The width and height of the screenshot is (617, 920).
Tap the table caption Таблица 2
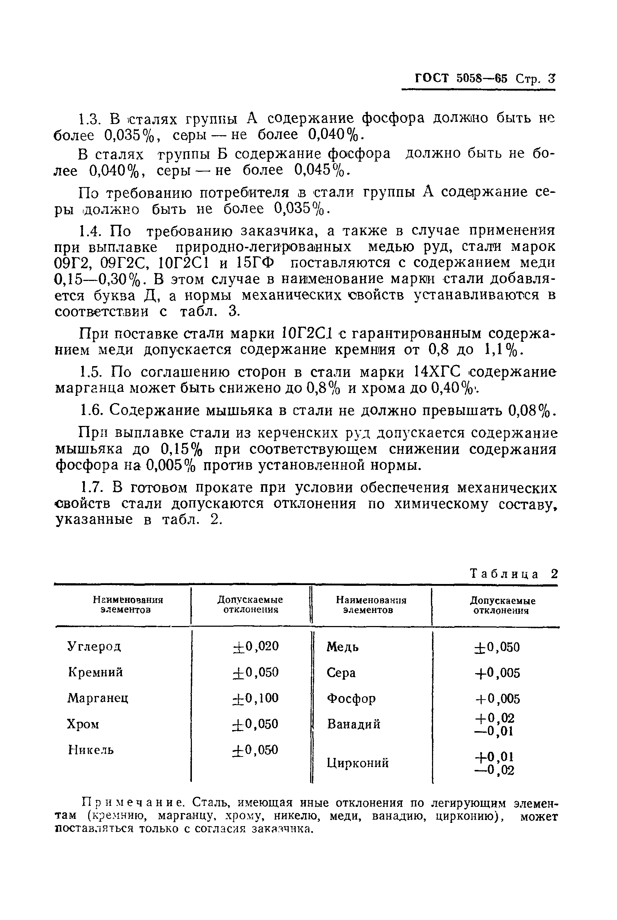click(x=514, y=574)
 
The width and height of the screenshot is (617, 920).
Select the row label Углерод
click(x=94, y=646)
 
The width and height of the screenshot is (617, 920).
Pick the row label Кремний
click(x=95, y=672)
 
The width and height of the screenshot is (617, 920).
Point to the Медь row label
click(x=342, y=647)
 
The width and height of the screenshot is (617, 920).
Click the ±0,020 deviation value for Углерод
click(x=255, y=646)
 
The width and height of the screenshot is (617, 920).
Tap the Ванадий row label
click(x=353, y=724)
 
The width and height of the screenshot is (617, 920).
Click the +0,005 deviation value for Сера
click(x=497, y=673)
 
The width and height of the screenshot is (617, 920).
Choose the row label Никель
click(x=91, y=750)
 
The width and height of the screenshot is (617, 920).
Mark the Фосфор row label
click(x=351, y=698)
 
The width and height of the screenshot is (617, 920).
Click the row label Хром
click(x=83, y=724)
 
